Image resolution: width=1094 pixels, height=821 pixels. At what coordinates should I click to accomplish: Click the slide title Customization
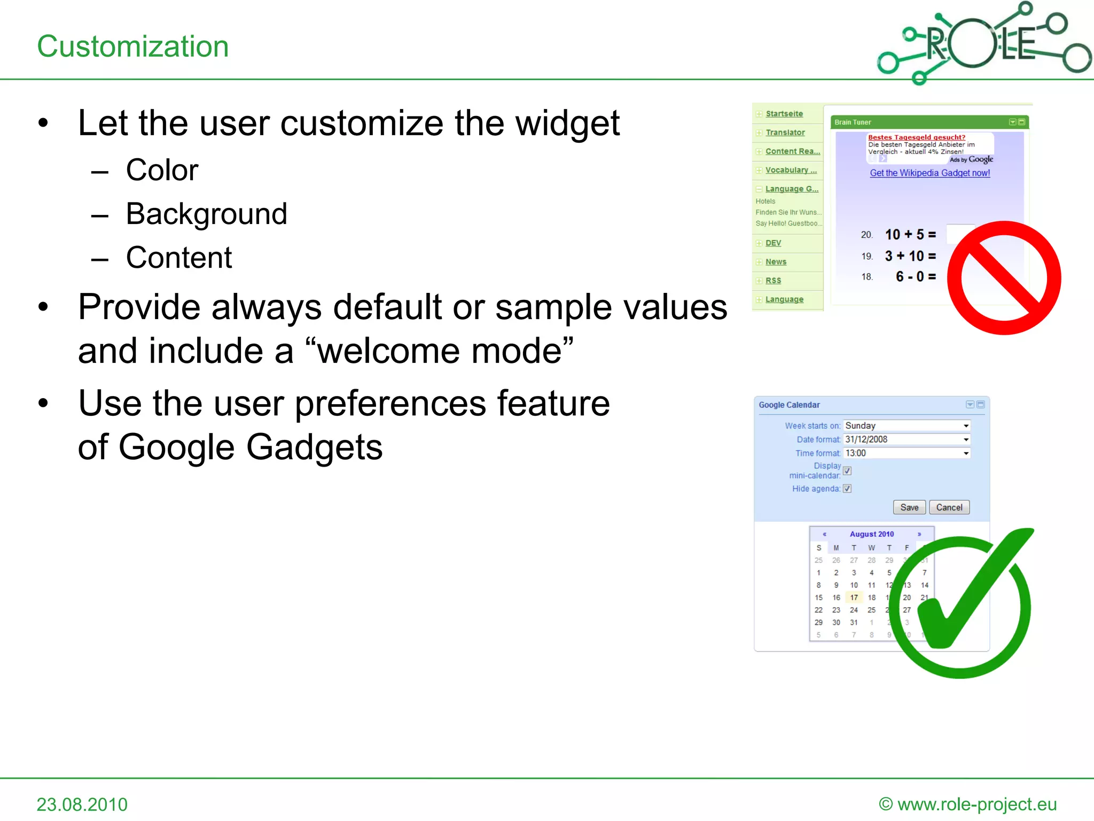[x=132, y=47]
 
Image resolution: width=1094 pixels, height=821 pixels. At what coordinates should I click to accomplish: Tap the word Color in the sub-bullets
[x=162, y=170]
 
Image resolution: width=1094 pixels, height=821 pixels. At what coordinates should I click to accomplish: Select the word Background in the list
[x=206, y=214]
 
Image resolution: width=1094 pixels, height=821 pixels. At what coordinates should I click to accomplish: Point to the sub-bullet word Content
[x=179, y=258]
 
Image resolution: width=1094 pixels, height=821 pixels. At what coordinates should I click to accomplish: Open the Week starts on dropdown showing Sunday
[x=907, y=426]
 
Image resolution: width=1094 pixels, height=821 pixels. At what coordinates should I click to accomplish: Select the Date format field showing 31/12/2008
[x=907, y=439]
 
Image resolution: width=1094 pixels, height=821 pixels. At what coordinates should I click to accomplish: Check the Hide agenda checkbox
[x=847, y=489]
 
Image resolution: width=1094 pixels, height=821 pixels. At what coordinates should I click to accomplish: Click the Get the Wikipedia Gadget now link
[x=929, y=173]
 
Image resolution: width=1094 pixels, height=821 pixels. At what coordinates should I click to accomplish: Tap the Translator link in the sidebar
[x=785, y=133]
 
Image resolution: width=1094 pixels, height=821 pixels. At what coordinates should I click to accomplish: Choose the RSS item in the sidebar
[x=773, y=281]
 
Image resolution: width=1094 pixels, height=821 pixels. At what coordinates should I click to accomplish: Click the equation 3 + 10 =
[x=910, y=256]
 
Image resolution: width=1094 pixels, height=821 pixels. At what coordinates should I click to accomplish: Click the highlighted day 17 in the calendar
[x=854, y=598]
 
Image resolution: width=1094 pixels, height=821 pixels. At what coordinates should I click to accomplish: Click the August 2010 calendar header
[x=871, y=534]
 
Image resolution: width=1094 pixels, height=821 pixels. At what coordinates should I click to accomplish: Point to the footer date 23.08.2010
[x=82, y=804]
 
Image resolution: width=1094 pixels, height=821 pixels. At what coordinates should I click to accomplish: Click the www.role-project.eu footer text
[x=976, y=804]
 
